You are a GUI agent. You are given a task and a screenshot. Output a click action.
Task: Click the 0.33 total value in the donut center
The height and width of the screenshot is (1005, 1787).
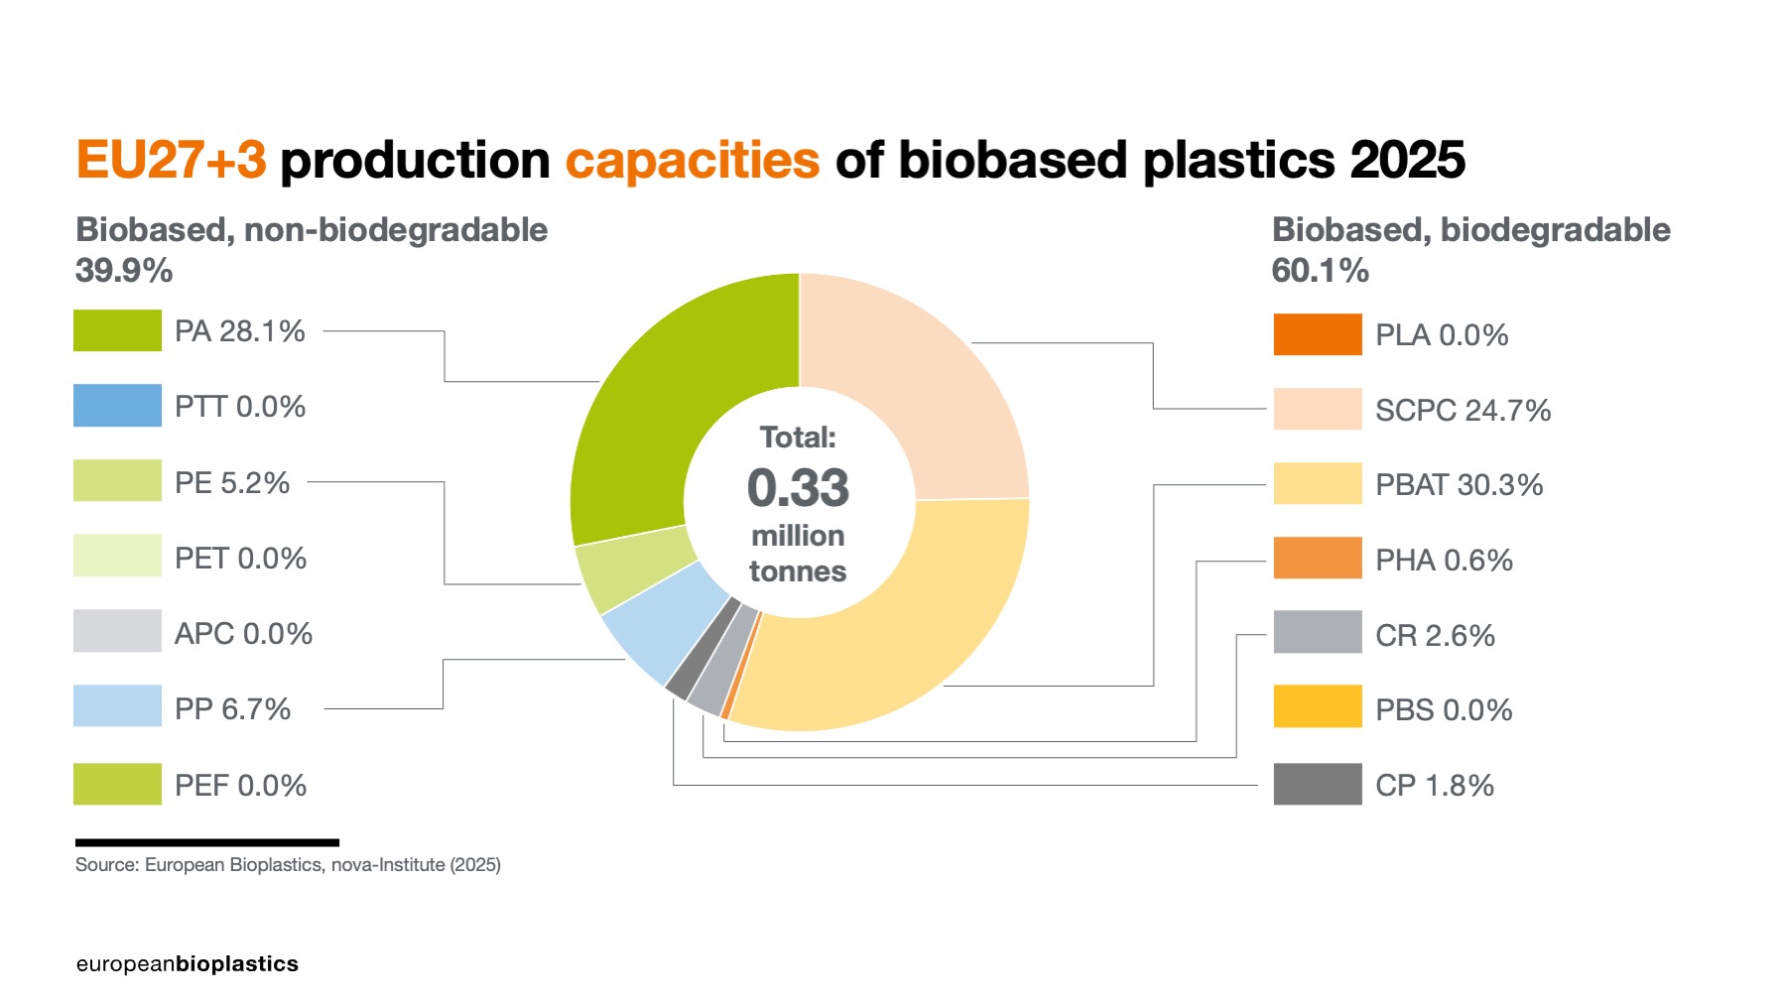click(x=798, y=488)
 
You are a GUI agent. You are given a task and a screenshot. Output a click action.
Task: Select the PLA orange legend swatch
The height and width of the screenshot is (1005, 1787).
click(x=1317, y=334)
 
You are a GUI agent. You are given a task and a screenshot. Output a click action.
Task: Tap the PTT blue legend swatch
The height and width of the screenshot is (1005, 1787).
click(x=117, y=406)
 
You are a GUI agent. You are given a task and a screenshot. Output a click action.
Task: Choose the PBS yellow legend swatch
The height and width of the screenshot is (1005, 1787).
click(x=1317, y=706)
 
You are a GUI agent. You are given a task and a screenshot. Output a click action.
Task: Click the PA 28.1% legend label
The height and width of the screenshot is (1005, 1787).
click(x=239, y=331)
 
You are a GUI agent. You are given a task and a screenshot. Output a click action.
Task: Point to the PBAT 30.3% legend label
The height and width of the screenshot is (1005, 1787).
click(x=1459, y=485)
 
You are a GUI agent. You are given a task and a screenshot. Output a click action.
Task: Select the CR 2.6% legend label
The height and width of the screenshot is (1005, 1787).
click(x=1435, y=636)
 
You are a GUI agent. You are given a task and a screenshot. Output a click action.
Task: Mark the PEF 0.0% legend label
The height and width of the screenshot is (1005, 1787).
click(x=240, y=786)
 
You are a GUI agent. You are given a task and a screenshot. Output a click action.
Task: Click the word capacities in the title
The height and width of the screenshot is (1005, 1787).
click(x=693, y=161)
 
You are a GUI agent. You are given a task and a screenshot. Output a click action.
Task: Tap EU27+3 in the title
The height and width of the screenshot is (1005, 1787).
click(x=171, y=161)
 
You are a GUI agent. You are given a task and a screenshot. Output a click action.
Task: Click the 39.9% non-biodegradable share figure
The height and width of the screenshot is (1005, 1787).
click(x=124, y=271)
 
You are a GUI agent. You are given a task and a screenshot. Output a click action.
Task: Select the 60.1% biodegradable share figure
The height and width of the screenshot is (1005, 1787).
click(x=1320, y=271)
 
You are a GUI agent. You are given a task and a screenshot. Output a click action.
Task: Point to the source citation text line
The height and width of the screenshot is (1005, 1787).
click(x=288, y=865)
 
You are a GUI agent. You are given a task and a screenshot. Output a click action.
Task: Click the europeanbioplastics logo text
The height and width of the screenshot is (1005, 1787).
click(x=187, y=964)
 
